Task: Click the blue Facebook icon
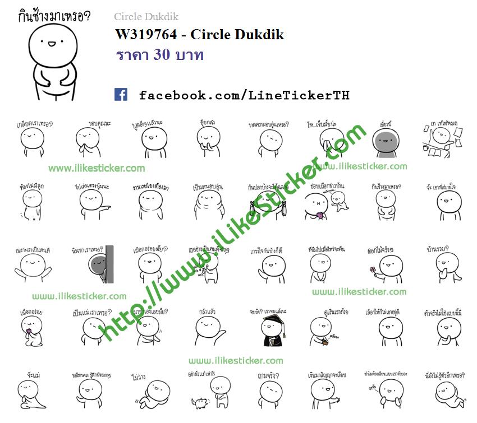click(x=121, y=94)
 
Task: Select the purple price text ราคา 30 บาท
click(x=159, y=55)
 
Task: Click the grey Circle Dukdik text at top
click(x=146, y=17)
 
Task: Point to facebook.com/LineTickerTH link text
click(x=244, y=95)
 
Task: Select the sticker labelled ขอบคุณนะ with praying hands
click(x=88, y=140)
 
